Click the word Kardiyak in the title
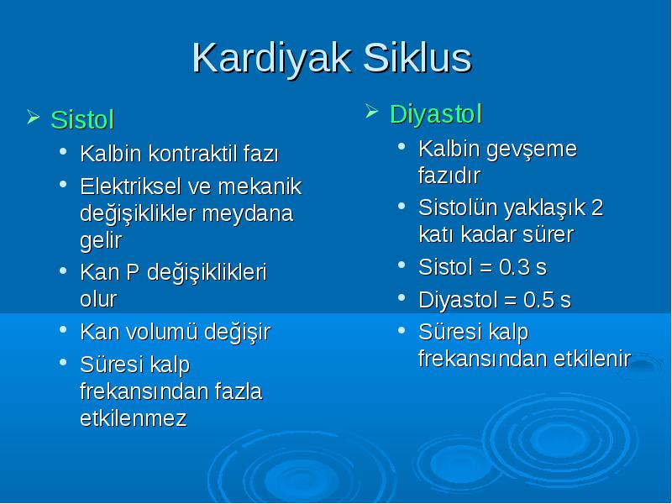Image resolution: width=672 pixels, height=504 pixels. point(271,59)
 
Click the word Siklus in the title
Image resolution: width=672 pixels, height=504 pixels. point(417,57)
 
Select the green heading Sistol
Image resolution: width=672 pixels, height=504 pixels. point(82,119)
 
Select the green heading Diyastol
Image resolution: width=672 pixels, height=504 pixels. point(436,114)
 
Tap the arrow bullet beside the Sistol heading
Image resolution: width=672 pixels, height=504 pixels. point(33,117)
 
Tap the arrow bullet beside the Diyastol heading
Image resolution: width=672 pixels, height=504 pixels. point(372,112)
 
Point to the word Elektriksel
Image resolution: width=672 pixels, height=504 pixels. point(131,186)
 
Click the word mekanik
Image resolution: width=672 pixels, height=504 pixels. point(260,186)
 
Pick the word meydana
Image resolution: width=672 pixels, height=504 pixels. point(247,213)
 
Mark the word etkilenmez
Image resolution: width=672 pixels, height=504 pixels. point(134,418)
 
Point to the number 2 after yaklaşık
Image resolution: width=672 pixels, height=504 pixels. point(597,207)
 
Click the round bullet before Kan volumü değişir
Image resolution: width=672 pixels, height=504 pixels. point(64,329)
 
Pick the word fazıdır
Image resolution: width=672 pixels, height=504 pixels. point(449,176)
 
